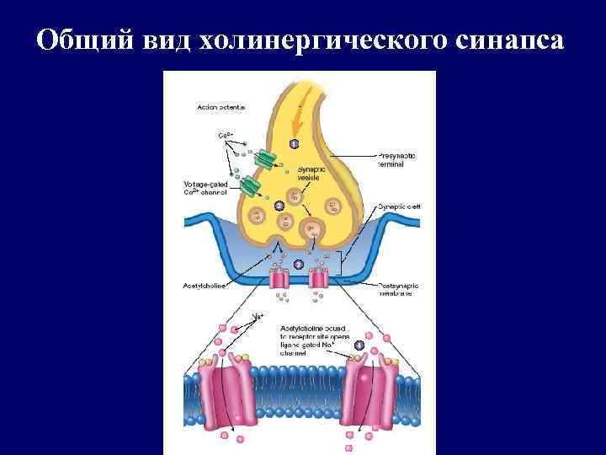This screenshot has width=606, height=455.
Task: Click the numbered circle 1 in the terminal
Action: pyautogui.click(x=294, y=145)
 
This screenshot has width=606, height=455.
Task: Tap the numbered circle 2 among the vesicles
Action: pyautogui.click(x=279, y=206)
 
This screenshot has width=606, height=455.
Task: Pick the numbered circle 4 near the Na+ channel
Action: pyautogui.click(x=359, y=344)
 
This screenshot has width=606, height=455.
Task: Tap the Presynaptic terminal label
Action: pyautogui.click(x=396, y=161)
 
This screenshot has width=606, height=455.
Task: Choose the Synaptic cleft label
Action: pyautogui.click(x=396, y=206)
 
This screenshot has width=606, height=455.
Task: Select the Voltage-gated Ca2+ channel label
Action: pyautogui.click(x=206, y=188)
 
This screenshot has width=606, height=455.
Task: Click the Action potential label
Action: pyautogui.click(x=221, y=107)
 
